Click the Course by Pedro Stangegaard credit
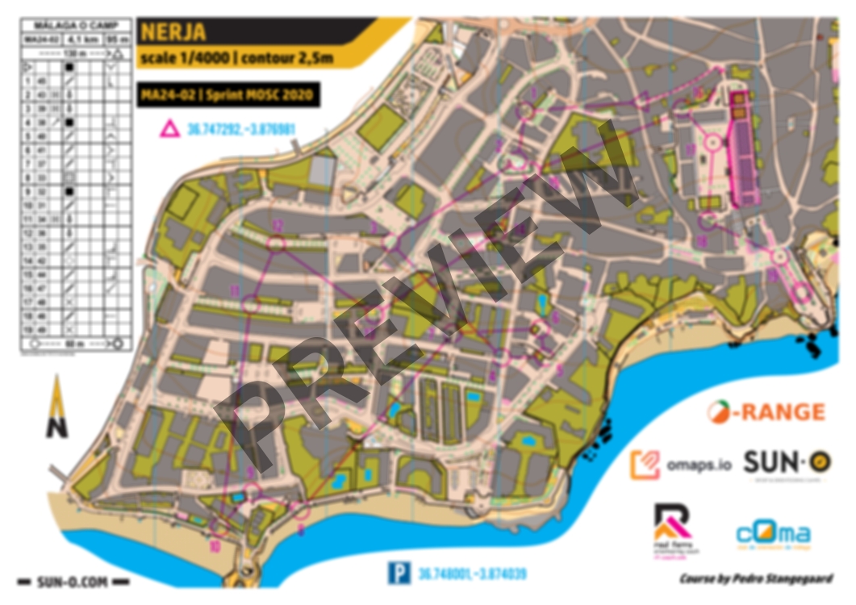[756, 578]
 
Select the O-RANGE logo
[766, 412]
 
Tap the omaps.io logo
[682, 465]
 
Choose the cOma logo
[773, 534]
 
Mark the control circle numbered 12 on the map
[277, 244]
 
